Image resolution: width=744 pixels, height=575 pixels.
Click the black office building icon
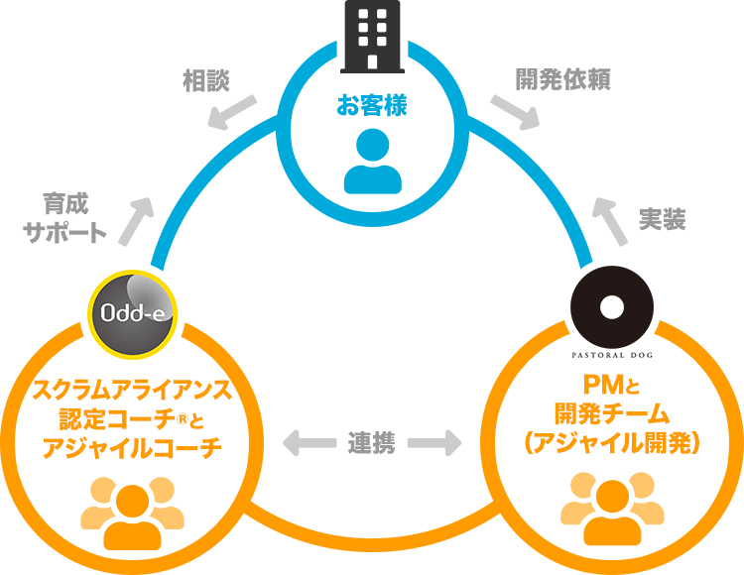pos(372,38)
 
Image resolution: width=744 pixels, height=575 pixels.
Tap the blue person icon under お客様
pos(372,160)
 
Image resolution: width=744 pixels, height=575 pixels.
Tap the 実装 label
pos(663,220)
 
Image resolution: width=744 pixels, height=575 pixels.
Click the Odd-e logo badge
pos(134,312)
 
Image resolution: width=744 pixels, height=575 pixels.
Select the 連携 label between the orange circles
pos(372,443)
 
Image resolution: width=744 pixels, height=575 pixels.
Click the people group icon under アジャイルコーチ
pos(131,512)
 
